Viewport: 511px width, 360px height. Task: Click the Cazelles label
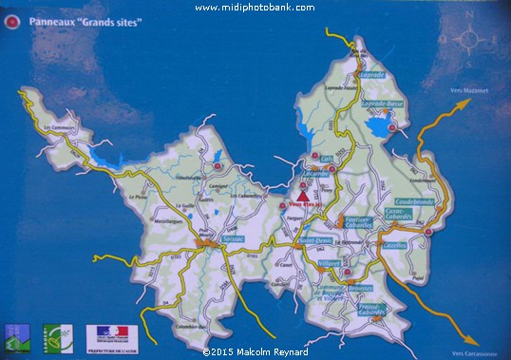[x=396, y=245]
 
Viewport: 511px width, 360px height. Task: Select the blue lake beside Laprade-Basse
[x=381, y=127]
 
